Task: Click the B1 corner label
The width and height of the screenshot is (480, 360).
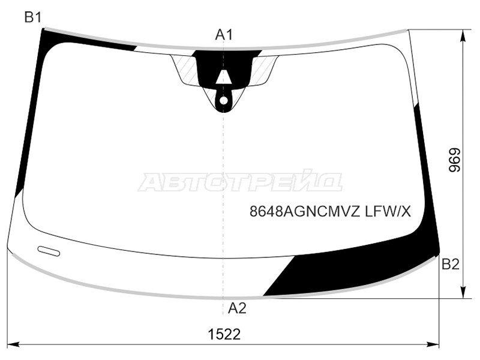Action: pos(32,17)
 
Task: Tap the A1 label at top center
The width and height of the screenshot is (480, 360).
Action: pos(224,35)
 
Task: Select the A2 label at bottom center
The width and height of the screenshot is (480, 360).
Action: pos(237,308)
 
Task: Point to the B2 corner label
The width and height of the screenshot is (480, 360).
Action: pos(451,265)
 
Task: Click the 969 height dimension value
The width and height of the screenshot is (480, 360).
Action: pos(454,160)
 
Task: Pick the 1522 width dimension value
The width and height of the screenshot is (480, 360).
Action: pos(224,334)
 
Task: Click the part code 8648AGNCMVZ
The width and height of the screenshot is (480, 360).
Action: pos(305,211)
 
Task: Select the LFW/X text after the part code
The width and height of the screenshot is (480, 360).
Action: pos(387,211)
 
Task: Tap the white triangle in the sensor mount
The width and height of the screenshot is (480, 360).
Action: pos(223,77)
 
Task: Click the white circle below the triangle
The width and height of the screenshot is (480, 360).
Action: pos(224,100)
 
